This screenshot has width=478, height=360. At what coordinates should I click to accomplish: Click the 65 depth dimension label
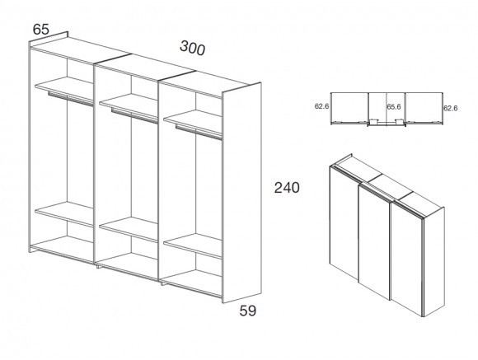tap(41, 30)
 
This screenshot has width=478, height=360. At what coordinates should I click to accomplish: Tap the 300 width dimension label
tap(192, 48)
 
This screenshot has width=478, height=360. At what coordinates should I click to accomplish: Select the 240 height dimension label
tap(287, 188)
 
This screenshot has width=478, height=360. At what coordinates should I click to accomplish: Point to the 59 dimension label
tap(248, 311)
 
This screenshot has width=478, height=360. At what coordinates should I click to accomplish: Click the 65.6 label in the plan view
tap(394, 107)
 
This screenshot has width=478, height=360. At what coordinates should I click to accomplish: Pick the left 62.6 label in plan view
tap(321, 106)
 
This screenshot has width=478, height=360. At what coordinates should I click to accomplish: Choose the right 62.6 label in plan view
tap(450, 108)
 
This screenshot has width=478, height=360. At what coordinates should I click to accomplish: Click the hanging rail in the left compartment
tap(70, 99)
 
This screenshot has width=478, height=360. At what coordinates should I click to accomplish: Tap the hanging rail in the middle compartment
tap(134, 116)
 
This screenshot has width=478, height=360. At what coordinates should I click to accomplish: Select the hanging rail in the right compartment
tap(199, 133)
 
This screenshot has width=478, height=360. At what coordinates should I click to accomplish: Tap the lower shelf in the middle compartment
tap(129, 229)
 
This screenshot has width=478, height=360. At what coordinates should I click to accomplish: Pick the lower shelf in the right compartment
tap(193, 245)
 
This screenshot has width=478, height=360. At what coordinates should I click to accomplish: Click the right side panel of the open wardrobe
tap(241, 193)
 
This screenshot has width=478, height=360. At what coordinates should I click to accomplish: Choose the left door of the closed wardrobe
tap(344, 222)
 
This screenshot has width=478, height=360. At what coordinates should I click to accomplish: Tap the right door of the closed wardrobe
tap(407, 259)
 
